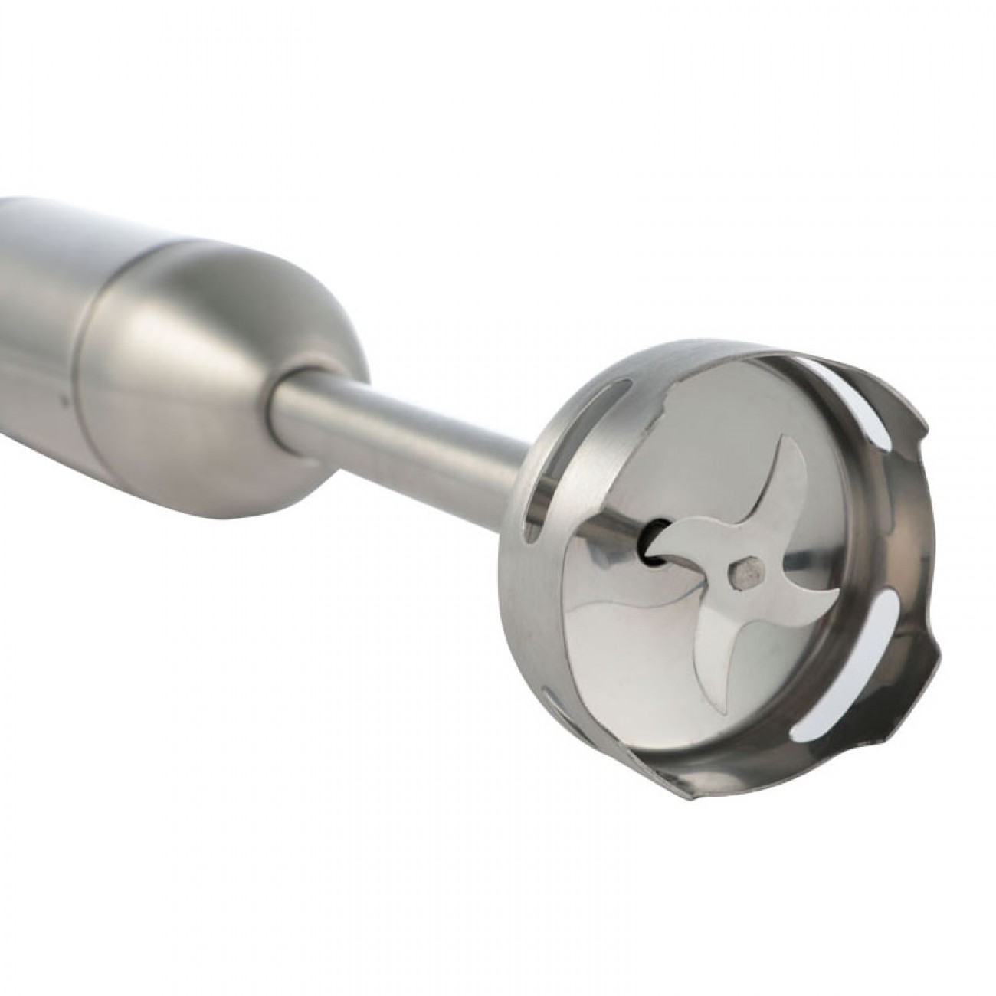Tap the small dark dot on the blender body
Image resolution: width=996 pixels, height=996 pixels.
(64, 398)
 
